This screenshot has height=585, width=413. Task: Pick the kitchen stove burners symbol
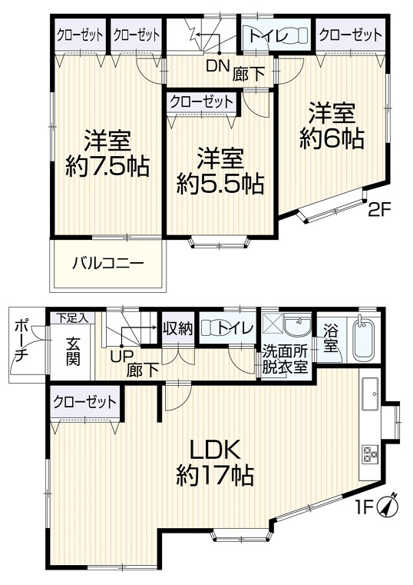pyautogui.click(x=370, y=455)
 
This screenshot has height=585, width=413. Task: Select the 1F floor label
pyautogui.click(x=364, y=508)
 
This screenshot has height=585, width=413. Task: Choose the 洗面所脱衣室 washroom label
pyautogui.click(x=286, y=359)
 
